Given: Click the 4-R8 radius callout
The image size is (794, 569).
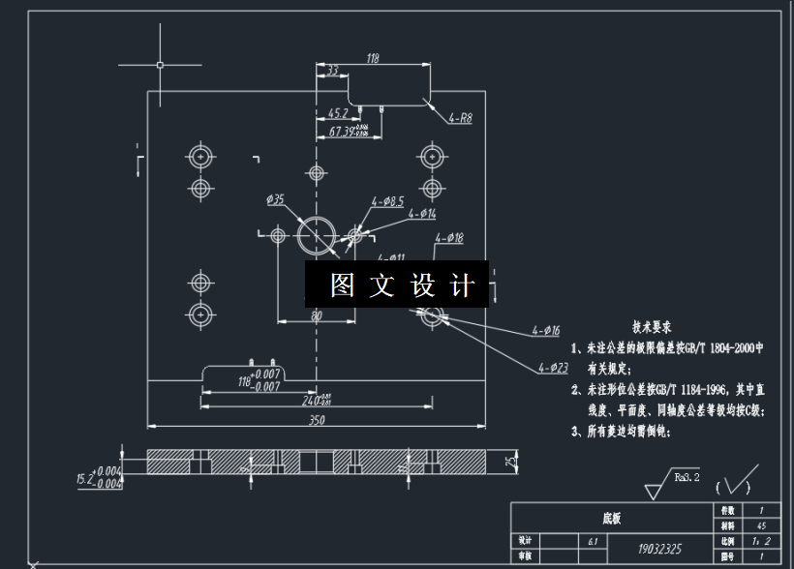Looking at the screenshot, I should click(x=460, y=119).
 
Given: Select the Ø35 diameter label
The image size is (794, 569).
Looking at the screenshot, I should click(x=276, y=200).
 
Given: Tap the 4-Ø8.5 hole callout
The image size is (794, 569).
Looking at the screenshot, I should click(x=387, y=201).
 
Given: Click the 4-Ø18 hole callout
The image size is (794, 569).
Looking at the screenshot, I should click(x=449, y=237).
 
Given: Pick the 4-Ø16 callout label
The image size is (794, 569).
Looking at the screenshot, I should click(x=545, y=330).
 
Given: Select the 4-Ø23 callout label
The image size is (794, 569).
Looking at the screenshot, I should click(x=553, y=367).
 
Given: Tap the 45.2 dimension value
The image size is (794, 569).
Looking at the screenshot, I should click(x=338, y=112).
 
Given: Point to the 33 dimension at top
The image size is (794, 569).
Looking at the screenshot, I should click(x=332, y=71).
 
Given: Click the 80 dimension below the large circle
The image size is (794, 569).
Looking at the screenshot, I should click(x=316, y=315).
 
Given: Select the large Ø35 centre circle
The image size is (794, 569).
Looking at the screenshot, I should click(x=317, y=234).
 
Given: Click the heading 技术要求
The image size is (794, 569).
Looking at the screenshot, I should click(x=652, y=327).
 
